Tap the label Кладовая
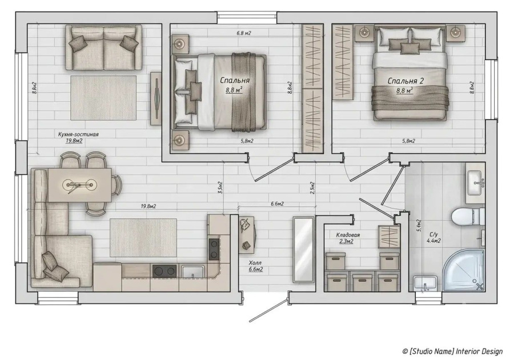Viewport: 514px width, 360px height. (348, 235)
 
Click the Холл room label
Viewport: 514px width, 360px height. (255, 263)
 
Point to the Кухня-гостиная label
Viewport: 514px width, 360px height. (78, 134)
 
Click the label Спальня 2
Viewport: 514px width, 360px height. (405, 81)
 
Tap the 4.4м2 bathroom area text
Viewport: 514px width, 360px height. (433, 241)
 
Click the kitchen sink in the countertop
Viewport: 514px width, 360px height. (193, 272)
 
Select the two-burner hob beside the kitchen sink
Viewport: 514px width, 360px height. (164, 271)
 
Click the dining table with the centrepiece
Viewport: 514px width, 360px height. (79, 185)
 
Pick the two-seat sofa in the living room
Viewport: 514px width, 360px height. (103, 47)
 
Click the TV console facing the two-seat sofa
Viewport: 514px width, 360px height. (156, 98)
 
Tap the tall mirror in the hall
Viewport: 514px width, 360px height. (303, 249)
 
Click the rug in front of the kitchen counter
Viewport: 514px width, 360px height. (143, 238)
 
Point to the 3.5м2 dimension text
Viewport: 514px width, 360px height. (220, 187)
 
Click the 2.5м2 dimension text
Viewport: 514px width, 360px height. (312, 188)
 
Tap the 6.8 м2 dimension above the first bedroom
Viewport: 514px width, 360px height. (243, 33)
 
